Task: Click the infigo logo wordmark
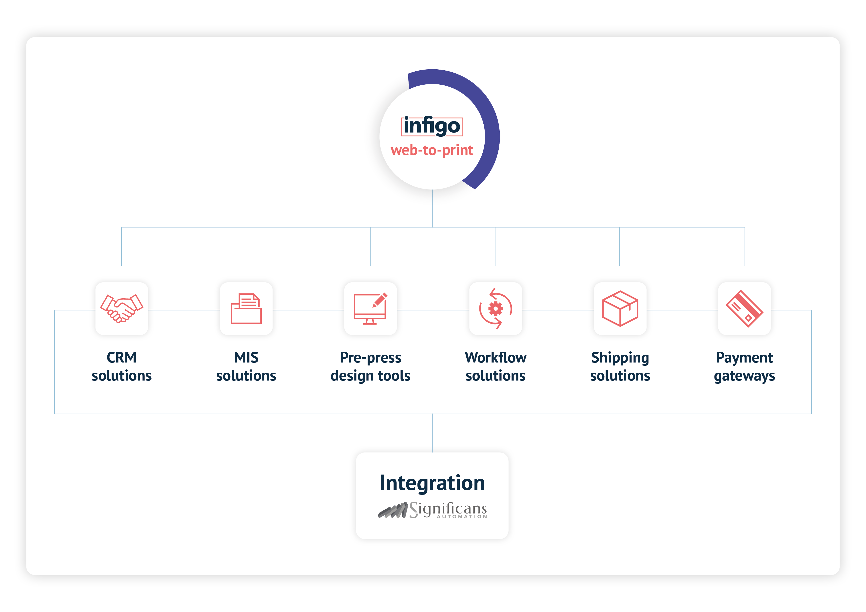click(432, 126)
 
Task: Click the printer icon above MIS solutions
click(246, 308)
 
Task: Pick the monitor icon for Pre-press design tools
click(370, 308)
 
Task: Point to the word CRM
click(121, 358)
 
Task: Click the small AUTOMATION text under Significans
click(462, 516)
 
